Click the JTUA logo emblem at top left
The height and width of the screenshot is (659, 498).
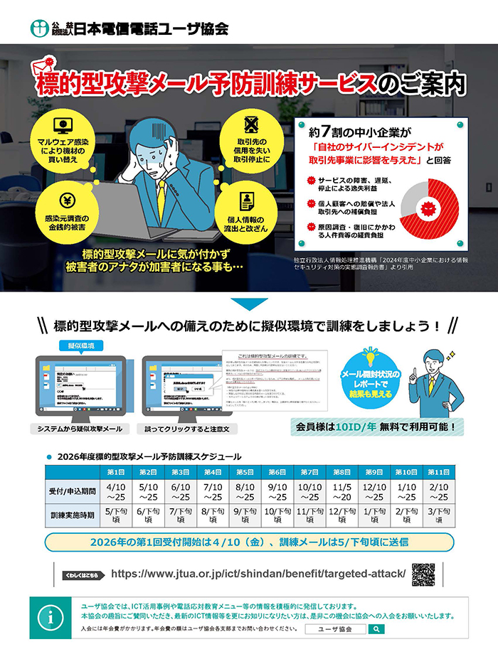click(39, 28)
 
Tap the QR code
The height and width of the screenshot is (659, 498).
click(423, 574)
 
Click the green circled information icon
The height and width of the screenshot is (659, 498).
click(51, 617)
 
